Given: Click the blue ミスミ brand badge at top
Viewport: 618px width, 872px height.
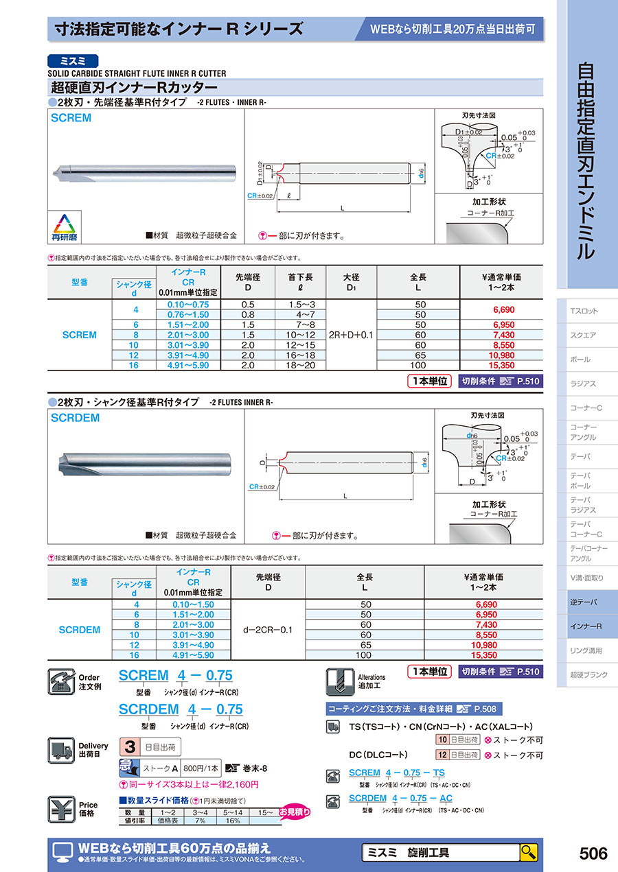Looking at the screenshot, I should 73,60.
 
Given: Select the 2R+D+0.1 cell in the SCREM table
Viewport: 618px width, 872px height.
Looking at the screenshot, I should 352,335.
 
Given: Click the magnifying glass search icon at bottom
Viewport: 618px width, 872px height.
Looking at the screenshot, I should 529,852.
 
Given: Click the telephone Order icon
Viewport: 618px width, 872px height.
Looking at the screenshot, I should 64,681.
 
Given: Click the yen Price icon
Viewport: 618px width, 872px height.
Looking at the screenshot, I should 62,809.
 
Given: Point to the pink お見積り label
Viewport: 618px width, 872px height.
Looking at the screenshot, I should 295,812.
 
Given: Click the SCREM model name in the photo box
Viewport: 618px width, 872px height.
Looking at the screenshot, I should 71,118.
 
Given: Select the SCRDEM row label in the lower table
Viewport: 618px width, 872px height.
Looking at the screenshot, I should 79,629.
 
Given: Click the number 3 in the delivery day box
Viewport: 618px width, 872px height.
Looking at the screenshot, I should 128,746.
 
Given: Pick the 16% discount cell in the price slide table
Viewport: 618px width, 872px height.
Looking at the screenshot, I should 233,820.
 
